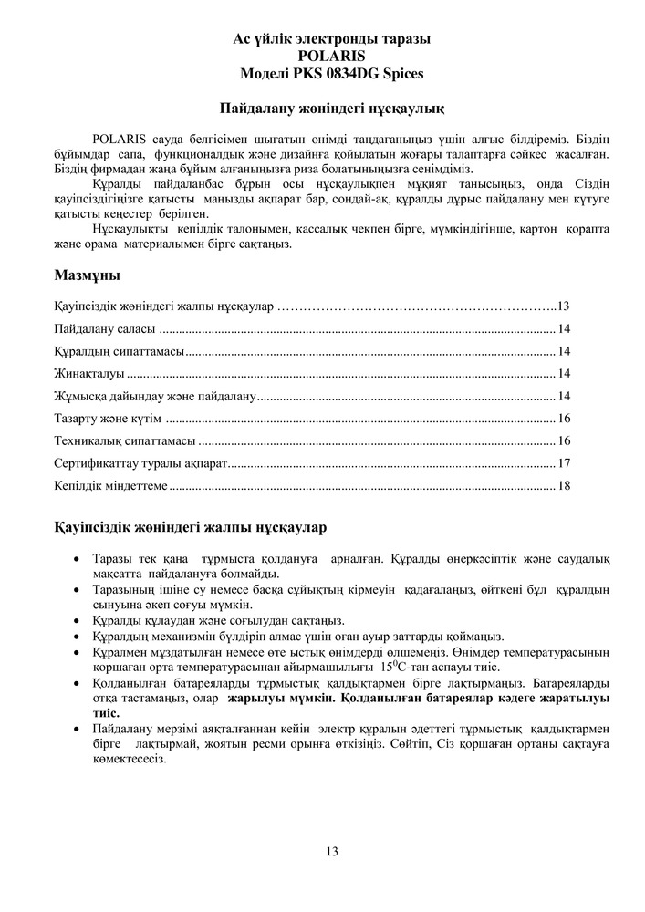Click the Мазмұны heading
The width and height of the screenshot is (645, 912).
[x=87, y=275]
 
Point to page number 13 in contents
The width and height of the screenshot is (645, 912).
[x=563, y=306]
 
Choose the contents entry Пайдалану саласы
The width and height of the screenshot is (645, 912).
[x=105, y=329]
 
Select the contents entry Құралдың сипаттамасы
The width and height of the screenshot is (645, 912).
[x=120, y=351]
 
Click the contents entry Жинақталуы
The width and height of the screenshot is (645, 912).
[x=88, y=373]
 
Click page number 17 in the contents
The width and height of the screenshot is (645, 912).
[x=564, y=463]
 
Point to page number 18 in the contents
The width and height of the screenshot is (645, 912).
[x=564, y=486]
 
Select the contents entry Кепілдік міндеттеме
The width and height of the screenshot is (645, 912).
[x=110, y=486]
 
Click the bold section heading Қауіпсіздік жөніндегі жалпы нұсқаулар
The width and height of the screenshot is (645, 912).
[x=191, y=528]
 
